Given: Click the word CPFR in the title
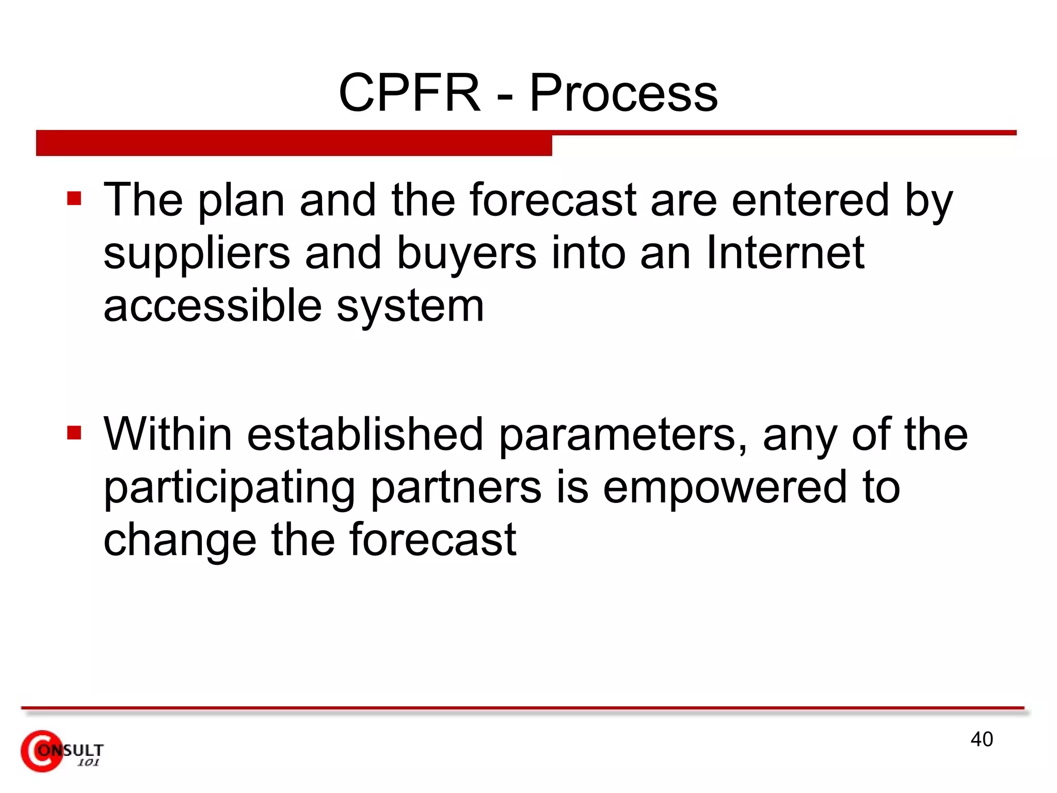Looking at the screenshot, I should [409, 93].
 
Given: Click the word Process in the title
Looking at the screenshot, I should [623, 93].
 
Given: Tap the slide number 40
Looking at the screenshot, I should [981, 739].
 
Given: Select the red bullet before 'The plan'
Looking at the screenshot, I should [74, 199].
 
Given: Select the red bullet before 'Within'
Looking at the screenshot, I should [74, 433].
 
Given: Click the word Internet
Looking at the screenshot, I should [784, 252].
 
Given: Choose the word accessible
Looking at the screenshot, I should [213, 306].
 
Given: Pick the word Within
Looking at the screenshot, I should [168, 434].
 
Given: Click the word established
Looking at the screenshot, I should [365, 434].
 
